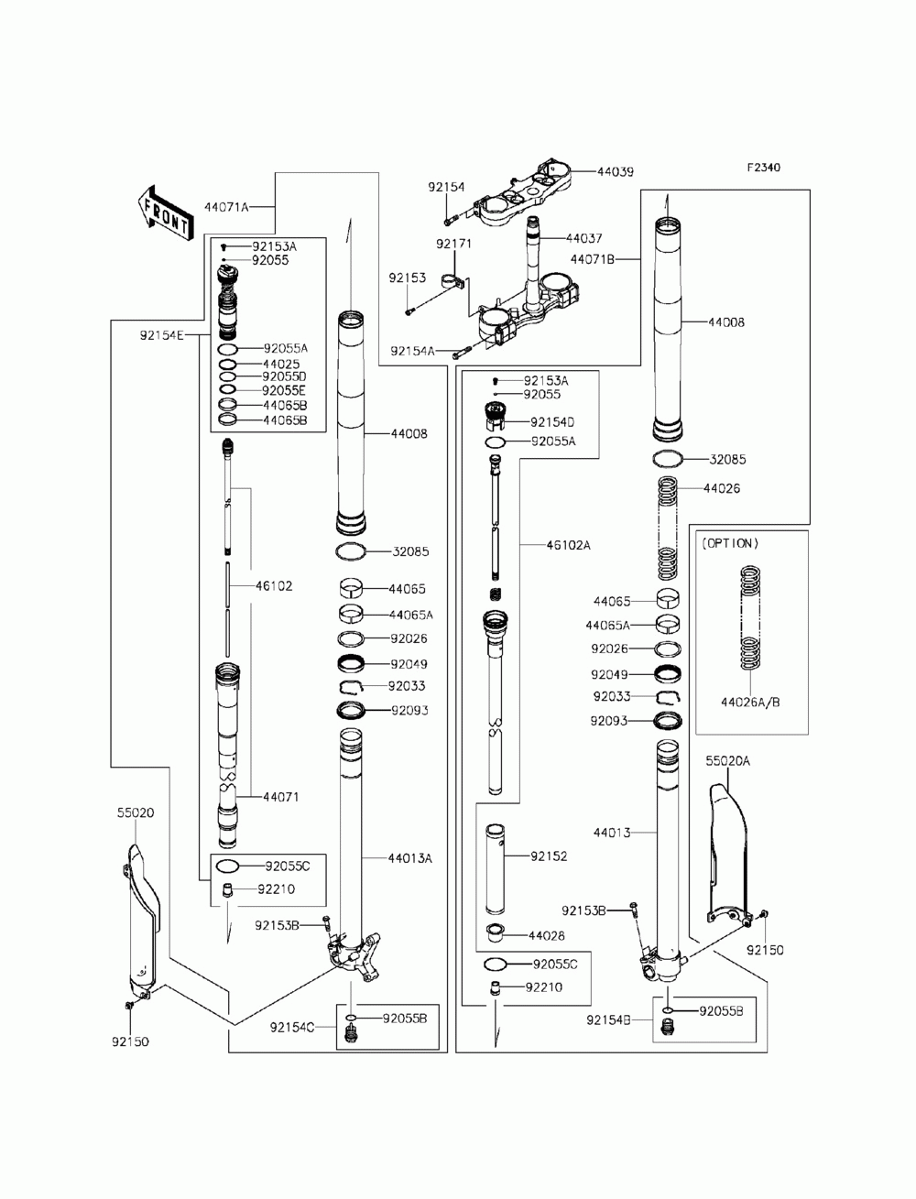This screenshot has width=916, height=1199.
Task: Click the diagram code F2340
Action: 763,168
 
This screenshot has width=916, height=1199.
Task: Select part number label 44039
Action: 616,171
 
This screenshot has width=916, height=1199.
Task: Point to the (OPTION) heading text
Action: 730,543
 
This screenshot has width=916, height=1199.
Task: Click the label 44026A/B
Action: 750,703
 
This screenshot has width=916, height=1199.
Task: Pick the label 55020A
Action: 727,760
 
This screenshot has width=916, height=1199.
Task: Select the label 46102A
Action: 568,545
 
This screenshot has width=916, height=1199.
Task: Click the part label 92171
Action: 453,245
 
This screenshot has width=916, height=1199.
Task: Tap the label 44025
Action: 280,364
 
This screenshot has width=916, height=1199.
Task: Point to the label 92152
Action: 549,856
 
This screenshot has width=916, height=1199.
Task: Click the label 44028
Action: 546,936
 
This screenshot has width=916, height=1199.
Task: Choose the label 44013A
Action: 409,858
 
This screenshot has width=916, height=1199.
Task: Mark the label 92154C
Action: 291,1028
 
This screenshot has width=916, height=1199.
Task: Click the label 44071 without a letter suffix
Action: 280,798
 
